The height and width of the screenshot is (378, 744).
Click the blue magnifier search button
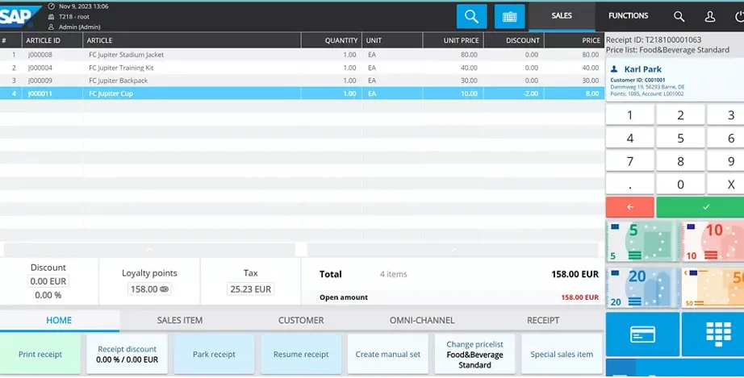tap(471, 16)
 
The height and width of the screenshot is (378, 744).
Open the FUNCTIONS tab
tap(628, 16)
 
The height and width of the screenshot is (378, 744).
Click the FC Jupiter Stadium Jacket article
tap(126, 55)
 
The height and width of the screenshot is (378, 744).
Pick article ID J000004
tap(40, 68)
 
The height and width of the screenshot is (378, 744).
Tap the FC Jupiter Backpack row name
tap(118, 81)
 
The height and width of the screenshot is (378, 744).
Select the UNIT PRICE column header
tap(462, 40)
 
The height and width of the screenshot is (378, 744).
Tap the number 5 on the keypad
tap(680, 139)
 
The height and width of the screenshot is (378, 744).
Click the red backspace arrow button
tap(629, 207)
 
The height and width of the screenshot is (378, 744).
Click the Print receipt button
tap(40, 355)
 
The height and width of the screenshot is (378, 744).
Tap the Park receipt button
tap(214, 355)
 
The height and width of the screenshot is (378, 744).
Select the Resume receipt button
tap(301, 355)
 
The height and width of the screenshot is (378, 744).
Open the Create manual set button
tap(388, 355)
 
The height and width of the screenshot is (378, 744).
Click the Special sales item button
tap(562, 355)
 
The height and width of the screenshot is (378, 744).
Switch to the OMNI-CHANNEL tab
tap(422, 320)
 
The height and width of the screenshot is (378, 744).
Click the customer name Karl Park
tap(642, 69)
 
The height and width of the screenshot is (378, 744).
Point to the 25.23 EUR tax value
tap(251, 289)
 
